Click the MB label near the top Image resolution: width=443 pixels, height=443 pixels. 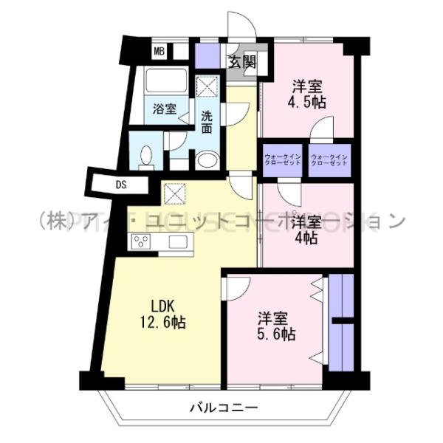click(159, 52)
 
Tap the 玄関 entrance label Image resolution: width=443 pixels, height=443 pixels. click(241, 62)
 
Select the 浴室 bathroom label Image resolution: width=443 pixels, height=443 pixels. click(165, 109)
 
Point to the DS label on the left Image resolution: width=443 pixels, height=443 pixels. click(120, 185)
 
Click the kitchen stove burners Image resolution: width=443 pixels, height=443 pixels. click(141, 241)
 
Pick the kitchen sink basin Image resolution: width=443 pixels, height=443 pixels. click(178, 241)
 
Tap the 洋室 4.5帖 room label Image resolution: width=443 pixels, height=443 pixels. click(306, 93)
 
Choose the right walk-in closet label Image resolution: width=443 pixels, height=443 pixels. click(328, 159)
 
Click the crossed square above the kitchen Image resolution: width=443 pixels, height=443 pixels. click(175, 193)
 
